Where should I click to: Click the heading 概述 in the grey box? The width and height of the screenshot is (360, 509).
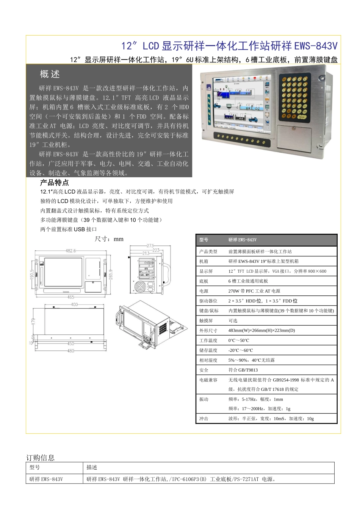[x=50, y=74]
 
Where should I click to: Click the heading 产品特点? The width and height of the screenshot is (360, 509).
[x=54, y=183]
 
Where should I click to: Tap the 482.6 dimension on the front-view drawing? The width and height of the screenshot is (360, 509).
[x=70, y=251]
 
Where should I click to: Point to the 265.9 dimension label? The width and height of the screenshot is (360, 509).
[x=111, y=275]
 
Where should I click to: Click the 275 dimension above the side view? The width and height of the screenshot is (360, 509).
[x=150, y=246]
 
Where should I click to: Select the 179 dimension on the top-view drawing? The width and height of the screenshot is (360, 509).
[x=33, y=321]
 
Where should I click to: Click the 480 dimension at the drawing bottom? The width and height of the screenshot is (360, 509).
[x=71, y=351]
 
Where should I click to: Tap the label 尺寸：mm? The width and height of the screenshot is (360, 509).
[x=109, y=239]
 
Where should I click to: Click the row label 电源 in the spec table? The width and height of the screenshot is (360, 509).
[x=204, y=291]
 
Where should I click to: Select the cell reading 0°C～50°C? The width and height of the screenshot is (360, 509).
[x=239, y=340]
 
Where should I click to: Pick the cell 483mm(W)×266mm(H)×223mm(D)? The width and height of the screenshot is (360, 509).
[x=261, y=331]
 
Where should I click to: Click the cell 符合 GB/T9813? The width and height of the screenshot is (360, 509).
[x=243, y=370]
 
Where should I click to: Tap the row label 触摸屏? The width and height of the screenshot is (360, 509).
[x=206, y=321]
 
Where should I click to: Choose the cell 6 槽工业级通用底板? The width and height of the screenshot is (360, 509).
[x=248, y=281]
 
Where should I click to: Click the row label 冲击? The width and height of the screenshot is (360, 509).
[x=204, y=419]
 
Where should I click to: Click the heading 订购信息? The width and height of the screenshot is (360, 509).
[x=40, y=457]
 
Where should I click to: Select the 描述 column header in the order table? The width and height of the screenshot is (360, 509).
[x=92, y=467]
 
